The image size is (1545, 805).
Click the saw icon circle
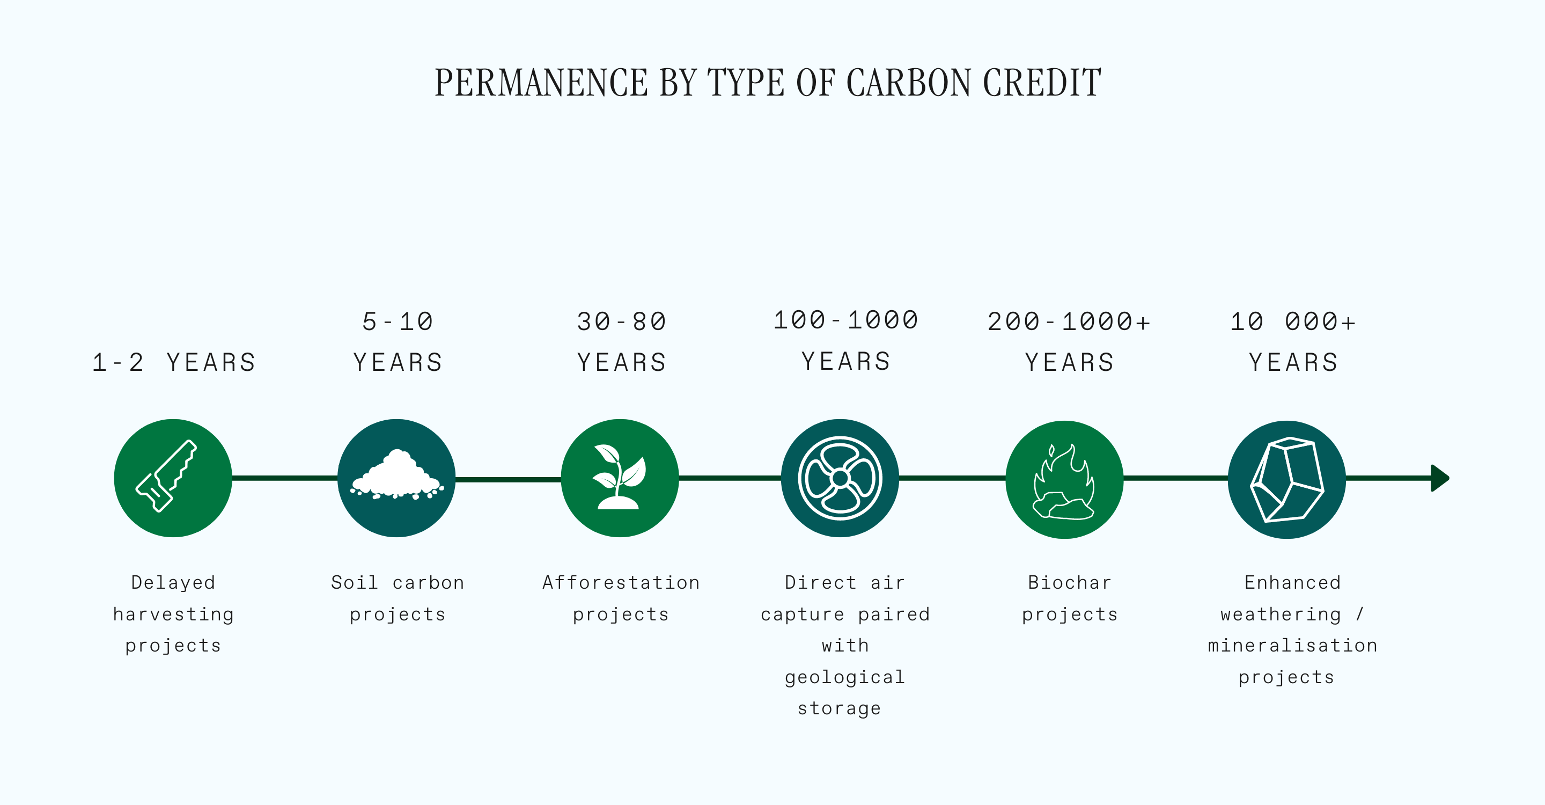pyautogui.click(x=173, y=478)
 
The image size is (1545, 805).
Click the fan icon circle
pyautogui.click(x=840, y=478)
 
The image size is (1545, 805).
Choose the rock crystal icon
pyautogui.click(x=1286, y=479)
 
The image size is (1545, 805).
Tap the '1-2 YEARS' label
pyautogui.click(x=174, y=363)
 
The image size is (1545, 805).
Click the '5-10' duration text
pyautogui.click(x=398, y=322)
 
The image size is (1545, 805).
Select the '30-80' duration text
pyautogui.click(x=621, y=322)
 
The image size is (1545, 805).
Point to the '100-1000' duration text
pyautogui.click(x=845, y=320)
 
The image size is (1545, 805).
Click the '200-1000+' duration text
pyautogui.click(x=1069, y=322)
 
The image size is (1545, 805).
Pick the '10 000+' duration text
pyautogui.click(x=1293, y=322)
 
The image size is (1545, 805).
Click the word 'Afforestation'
pyautogui.click(x=621, y=582)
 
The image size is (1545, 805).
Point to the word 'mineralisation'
pyautogui.click(x=1293, y=646)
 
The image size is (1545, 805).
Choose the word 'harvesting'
pyautogui.click(x=173, y=615)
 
